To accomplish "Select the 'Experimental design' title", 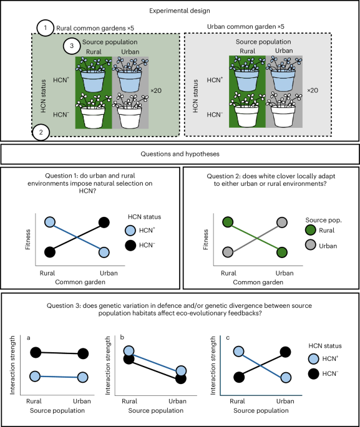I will coord(180,11).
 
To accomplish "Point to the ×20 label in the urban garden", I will coord(314,90).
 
